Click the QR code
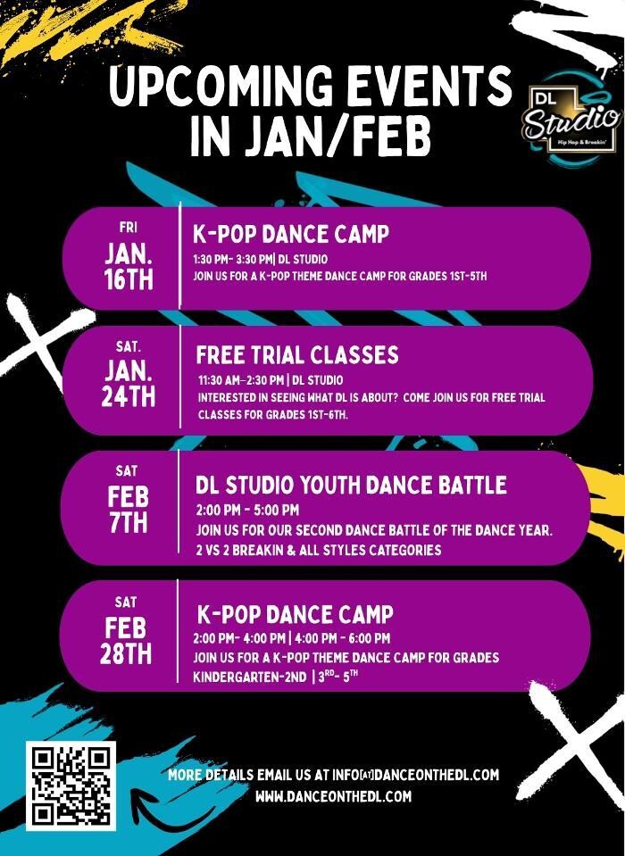click(x=71, y=785)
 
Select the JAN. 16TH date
click(x=129, y=266)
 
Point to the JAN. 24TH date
click(x=129, y=384)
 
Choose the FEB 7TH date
click(x=128, y=510)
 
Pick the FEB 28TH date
click(x=126, y=641)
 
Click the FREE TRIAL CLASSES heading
click(x=297, y=355)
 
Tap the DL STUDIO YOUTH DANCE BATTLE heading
click(x=351, y=486)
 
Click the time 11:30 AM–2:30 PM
click(x=241, y=380)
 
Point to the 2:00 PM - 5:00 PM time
click(x=247, y=511)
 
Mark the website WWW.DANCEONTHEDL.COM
click(x=333, y=796)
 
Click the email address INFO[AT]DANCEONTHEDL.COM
click(x=415, y=774)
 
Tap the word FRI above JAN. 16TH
click(x=129, y=228)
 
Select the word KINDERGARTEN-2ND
click(x=249, y=677)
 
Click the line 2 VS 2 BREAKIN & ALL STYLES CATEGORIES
click(x=318, y=549)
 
